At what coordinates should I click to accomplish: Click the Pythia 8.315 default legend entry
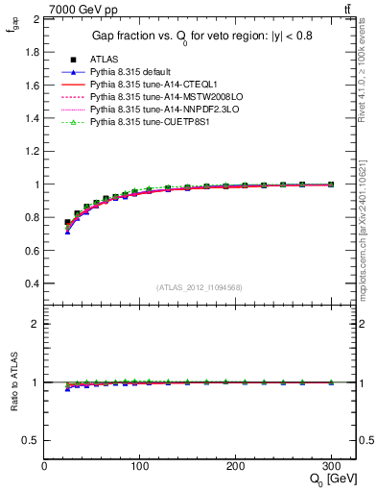pyautogui.click(x=132, y=72)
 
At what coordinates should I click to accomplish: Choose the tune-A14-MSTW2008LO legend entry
pyautogui.click(x=155, y=97)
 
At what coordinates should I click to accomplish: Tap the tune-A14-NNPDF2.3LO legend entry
pyautogui.click(x=155, y=110)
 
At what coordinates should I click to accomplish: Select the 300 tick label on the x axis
pyautogui.click(x=330, y=465)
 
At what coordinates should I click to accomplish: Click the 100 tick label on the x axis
pyautogui.click(x=139, y=465)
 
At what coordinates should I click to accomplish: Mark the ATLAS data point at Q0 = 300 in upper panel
pyautogui.click(x=331, y=184)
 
